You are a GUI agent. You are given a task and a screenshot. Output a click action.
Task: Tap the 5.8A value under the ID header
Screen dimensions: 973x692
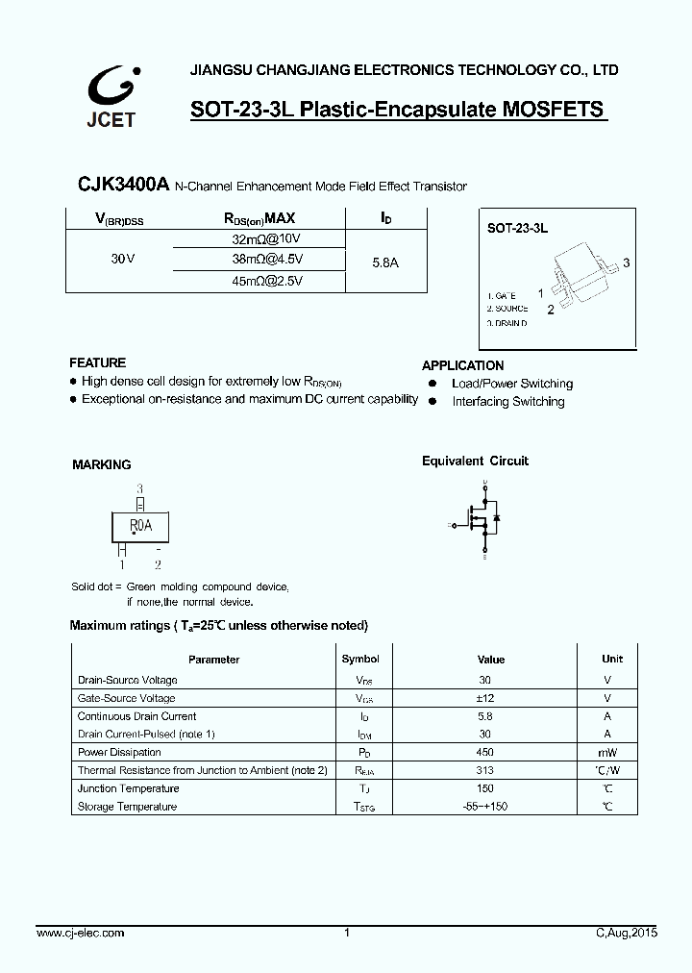click(x=386, y=260)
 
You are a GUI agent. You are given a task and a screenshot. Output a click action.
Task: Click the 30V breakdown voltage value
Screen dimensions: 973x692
click(x=122, y=260)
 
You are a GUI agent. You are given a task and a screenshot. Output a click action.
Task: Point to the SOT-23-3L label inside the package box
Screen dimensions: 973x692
click(x=517, y=229)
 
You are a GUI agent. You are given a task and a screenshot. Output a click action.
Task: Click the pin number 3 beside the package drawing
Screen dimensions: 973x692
click(x=626, y=262)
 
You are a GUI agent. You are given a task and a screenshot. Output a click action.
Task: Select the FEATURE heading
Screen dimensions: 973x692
click(x=97, y=362)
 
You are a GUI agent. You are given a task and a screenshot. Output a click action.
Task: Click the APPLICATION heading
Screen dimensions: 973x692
click(x=462, y=365)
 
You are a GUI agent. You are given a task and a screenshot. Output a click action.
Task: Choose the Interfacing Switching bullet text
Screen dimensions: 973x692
click(x=508, y=402)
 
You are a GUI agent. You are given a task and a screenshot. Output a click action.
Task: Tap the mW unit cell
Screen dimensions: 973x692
click(x=606, y=752)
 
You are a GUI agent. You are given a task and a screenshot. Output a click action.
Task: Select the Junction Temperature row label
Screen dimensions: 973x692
click(x=128, y=788)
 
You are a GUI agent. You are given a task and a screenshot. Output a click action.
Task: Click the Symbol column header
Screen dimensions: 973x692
click(x=360, y=659)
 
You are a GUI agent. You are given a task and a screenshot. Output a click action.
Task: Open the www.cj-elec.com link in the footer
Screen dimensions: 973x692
click(x=80, y=934)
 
